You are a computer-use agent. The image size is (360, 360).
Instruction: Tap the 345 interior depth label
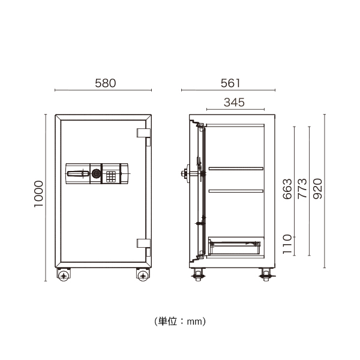coord(234,102)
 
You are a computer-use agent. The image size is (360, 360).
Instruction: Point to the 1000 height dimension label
coord(38,193)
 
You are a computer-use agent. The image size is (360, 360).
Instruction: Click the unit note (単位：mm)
coord(180,322)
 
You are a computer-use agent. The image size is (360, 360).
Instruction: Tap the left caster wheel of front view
coord(63,275)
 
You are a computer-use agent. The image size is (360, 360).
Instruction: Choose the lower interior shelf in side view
coord(236,191)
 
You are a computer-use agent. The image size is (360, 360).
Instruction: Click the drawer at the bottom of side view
coord(235,244)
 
